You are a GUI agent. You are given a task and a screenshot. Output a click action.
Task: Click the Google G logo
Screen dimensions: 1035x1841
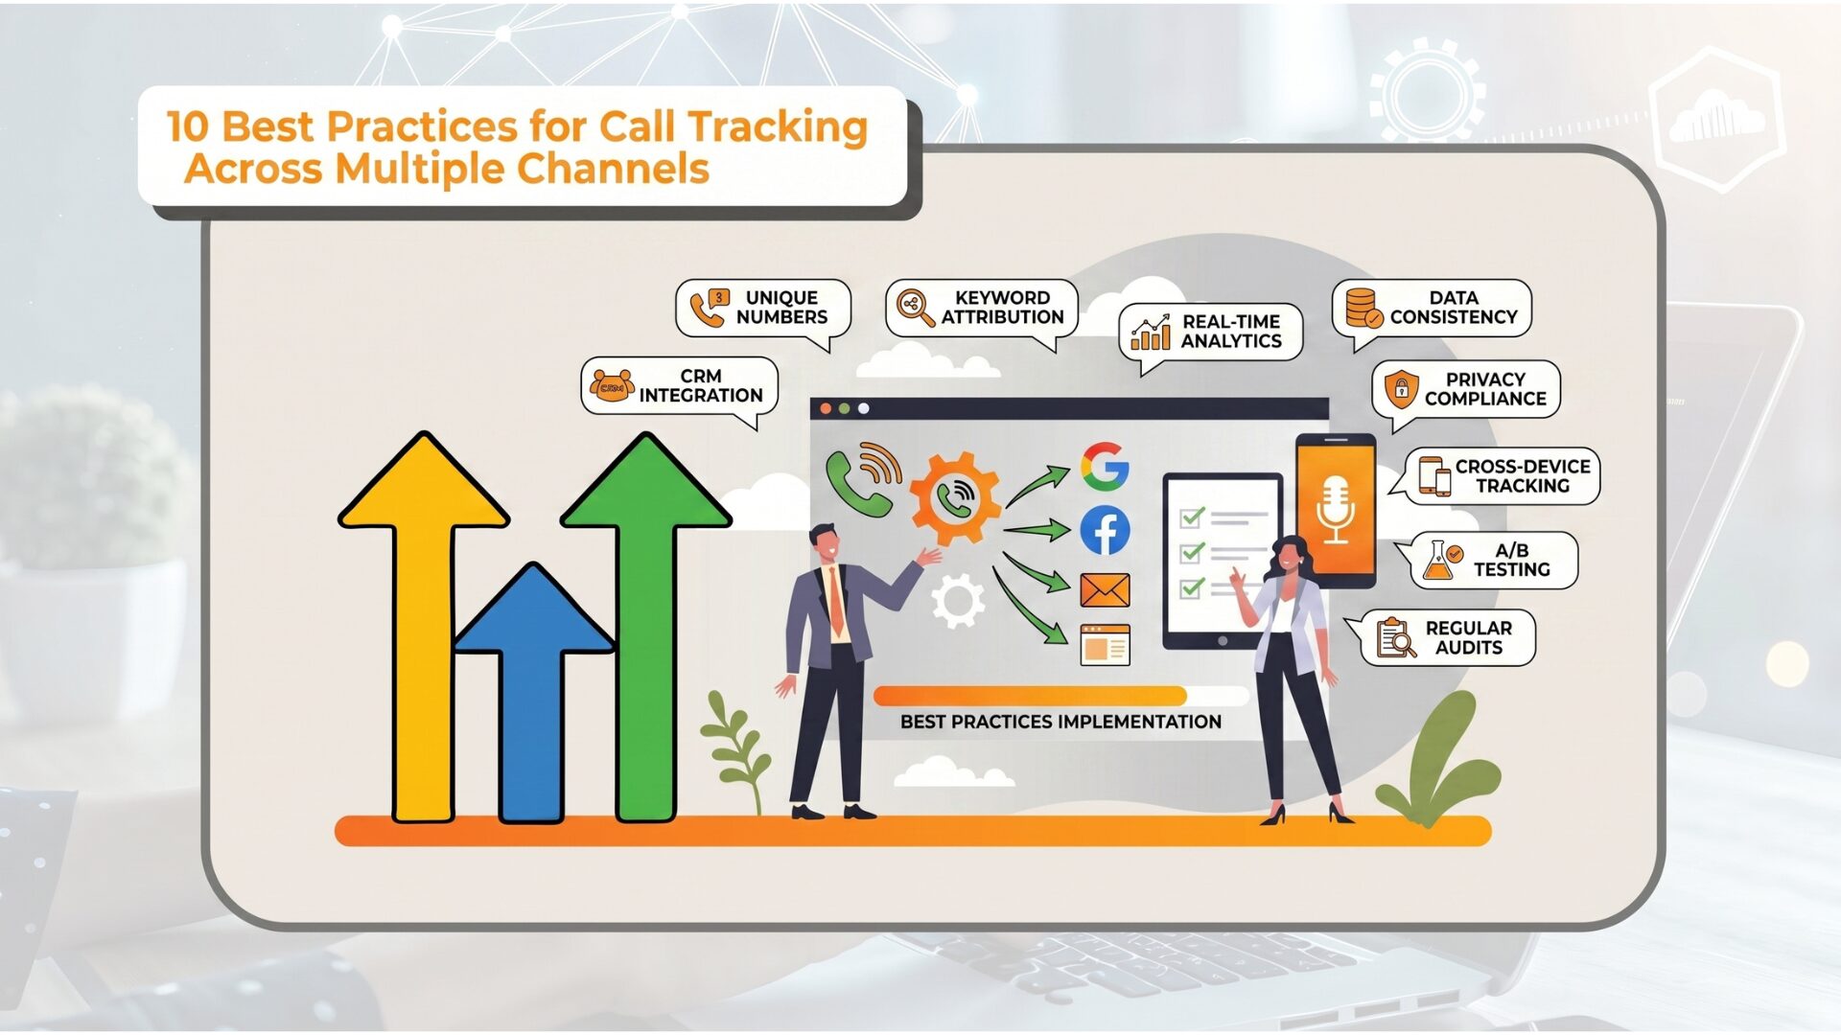pyautogui.click(x=1105, y=467)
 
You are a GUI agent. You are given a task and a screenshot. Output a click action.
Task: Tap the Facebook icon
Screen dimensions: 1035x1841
pyautogui.click(x=1105, y=530)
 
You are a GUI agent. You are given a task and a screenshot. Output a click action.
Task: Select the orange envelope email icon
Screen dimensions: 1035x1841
pyautogui.click(x=1105, y=590)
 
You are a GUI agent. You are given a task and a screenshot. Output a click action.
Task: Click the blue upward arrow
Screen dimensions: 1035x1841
pyautogui.click(x=533, y=690)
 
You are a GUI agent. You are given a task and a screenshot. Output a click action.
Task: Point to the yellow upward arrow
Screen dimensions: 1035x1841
pyautogui.click(x=423, y=623)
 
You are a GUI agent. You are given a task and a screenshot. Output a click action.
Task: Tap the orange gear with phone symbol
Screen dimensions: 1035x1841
pyautogui.click(x=954, y=498)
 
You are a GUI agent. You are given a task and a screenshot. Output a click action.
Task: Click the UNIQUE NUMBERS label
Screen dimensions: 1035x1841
pyautogui.click(x=781, y=308)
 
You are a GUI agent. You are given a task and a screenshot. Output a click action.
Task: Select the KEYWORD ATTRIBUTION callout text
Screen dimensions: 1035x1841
pyautogui.click(x=1002, y=308)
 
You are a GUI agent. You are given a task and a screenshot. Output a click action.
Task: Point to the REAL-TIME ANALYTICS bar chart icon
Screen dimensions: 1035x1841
pyautogui.click(x=1151, y=333)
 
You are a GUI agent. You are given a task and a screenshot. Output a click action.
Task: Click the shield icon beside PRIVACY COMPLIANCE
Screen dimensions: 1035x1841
pyautogui.click(x=1401, y=389)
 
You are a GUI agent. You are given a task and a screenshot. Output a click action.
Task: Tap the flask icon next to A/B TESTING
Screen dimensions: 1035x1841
pyautogui.click(x=1440, y=561)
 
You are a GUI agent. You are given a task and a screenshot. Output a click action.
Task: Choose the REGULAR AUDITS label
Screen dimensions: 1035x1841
pyautogui.click(x=1468, y=637)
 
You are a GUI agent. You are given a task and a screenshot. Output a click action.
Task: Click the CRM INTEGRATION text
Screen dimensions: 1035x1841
pyautogui.click(x=700, y=386)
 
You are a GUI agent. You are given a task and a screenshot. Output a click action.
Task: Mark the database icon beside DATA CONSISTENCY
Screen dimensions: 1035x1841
pyautogui.click(x=1363, y=308)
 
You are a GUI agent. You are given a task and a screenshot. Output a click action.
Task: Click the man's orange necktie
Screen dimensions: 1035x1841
pyautogui.click(x=836, y=599)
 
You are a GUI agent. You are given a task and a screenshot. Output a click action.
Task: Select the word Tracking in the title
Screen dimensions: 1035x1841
pyautogui.click(x=778, y=127)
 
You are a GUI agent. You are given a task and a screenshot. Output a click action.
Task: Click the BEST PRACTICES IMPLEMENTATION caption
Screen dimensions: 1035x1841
pyautogui.click(x=1060, y=722)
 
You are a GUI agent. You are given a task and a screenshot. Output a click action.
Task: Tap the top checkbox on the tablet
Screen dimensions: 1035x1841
pyautogui.click(x=1192, y=518)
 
